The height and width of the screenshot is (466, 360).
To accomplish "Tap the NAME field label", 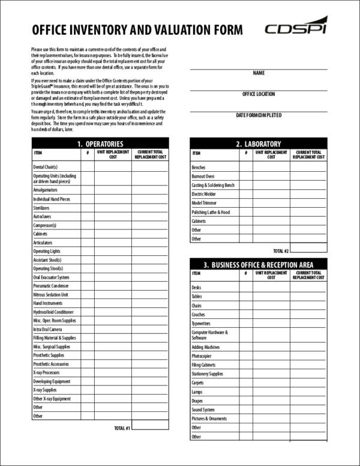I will tap(259, 73).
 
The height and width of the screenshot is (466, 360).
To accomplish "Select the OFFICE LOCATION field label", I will tap(259, 94).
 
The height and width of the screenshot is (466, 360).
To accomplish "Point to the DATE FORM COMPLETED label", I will tap(259, 115).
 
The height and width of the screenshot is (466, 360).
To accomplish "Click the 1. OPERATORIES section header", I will tap(100, 144).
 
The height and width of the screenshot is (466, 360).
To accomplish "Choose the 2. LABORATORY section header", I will tap(259, 144).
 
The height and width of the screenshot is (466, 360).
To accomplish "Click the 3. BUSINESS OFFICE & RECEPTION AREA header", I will tap(259, 265).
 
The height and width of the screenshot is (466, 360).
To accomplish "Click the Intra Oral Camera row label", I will tap(47, 329).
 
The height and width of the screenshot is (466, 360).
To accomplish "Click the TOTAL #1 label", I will tap(122, 428).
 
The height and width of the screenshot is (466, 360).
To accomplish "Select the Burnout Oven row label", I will tap(203, 177).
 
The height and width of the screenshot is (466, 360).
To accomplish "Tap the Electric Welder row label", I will tap(203, 195).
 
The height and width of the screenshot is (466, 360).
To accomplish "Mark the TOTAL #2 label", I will tap(281, 250).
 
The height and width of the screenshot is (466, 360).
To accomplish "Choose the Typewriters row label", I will tap(202, 323).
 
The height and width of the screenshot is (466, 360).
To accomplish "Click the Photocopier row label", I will tap(201, 356).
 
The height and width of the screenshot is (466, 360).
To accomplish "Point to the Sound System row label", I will tap(203, 410).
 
